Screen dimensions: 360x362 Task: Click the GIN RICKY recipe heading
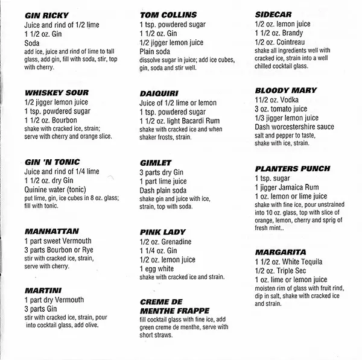46,14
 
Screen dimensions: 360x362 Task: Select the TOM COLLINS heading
166,14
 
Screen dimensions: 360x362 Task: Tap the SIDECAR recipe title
275,11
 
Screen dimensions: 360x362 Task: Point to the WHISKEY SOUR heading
57,93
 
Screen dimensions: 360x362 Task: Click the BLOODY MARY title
286,90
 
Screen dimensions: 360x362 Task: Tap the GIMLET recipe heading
156,162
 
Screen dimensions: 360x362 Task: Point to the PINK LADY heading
162,232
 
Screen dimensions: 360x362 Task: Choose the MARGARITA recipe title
281,251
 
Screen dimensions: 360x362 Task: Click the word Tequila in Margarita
308,262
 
